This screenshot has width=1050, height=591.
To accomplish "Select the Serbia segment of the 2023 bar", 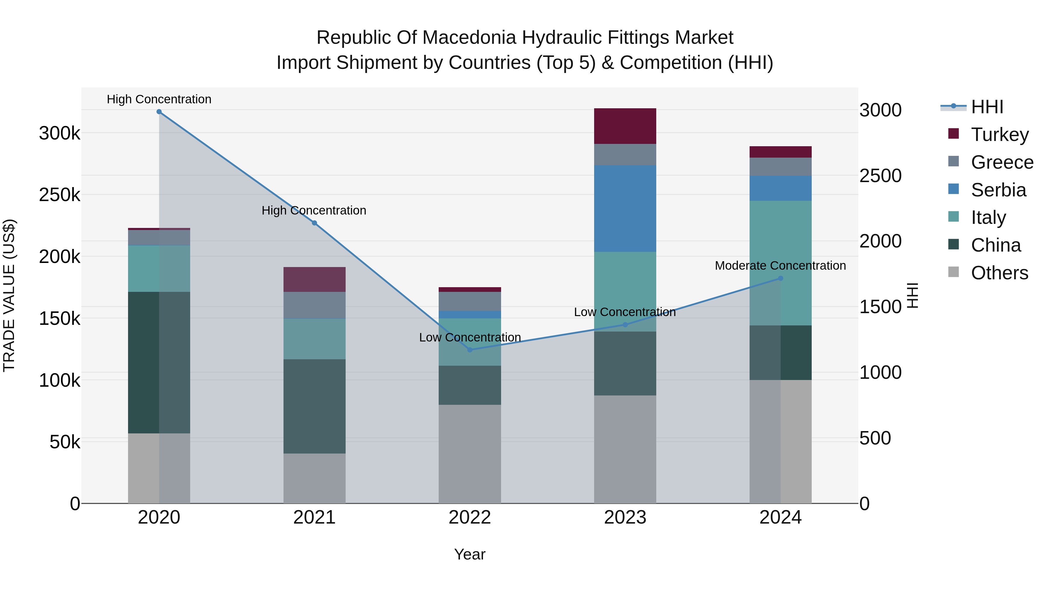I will [625, 208].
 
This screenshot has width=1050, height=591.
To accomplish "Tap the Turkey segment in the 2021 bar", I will [314, 279].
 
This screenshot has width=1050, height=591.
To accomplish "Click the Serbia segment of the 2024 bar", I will [780, 188].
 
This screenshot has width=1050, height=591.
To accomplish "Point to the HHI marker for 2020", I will [159, 112].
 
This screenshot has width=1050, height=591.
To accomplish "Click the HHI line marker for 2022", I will [470, 350].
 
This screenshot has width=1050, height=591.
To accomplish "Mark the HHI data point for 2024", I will [780, 278].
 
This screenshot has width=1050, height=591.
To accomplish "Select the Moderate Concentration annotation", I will [780, 266].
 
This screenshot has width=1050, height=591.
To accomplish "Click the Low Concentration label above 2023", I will [624, 312].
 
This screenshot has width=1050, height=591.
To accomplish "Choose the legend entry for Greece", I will [1002, 162].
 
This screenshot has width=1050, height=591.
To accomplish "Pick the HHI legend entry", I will [986, 107].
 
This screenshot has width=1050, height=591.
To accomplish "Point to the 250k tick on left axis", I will [60, 195].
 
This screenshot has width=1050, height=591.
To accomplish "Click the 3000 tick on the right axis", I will [881, 110].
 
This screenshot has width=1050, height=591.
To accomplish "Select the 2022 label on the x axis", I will [470, 517].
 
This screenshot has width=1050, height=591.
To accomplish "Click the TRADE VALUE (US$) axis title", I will [9, 295].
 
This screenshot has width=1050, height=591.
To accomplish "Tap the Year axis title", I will [470, 554].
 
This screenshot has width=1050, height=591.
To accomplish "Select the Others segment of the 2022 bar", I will [470, 454].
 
